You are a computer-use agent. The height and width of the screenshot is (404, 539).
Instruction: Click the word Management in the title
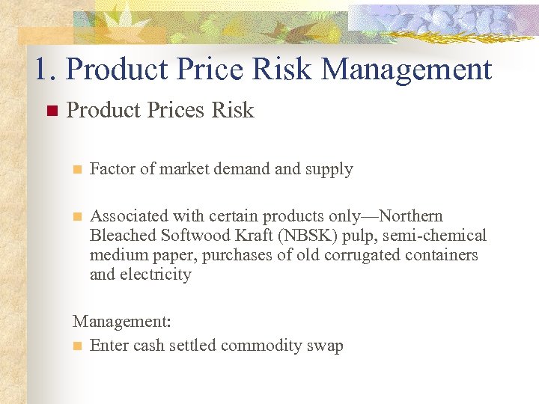[x=406, y=70]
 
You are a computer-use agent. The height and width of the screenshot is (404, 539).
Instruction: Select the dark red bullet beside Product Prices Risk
[x=51, y=111]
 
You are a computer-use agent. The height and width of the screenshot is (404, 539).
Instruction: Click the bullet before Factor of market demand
[x=76, y=170]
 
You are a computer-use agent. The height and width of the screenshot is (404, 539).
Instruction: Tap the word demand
[x=243, y=169]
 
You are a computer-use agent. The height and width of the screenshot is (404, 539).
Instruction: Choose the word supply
[x=329, y=170]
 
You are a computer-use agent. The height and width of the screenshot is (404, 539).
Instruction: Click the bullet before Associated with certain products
[x=76, y=217]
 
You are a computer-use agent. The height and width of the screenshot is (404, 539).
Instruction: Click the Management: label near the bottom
[x=122, y=322]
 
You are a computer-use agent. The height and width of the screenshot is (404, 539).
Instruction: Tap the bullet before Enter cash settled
[x=76, y=346]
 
